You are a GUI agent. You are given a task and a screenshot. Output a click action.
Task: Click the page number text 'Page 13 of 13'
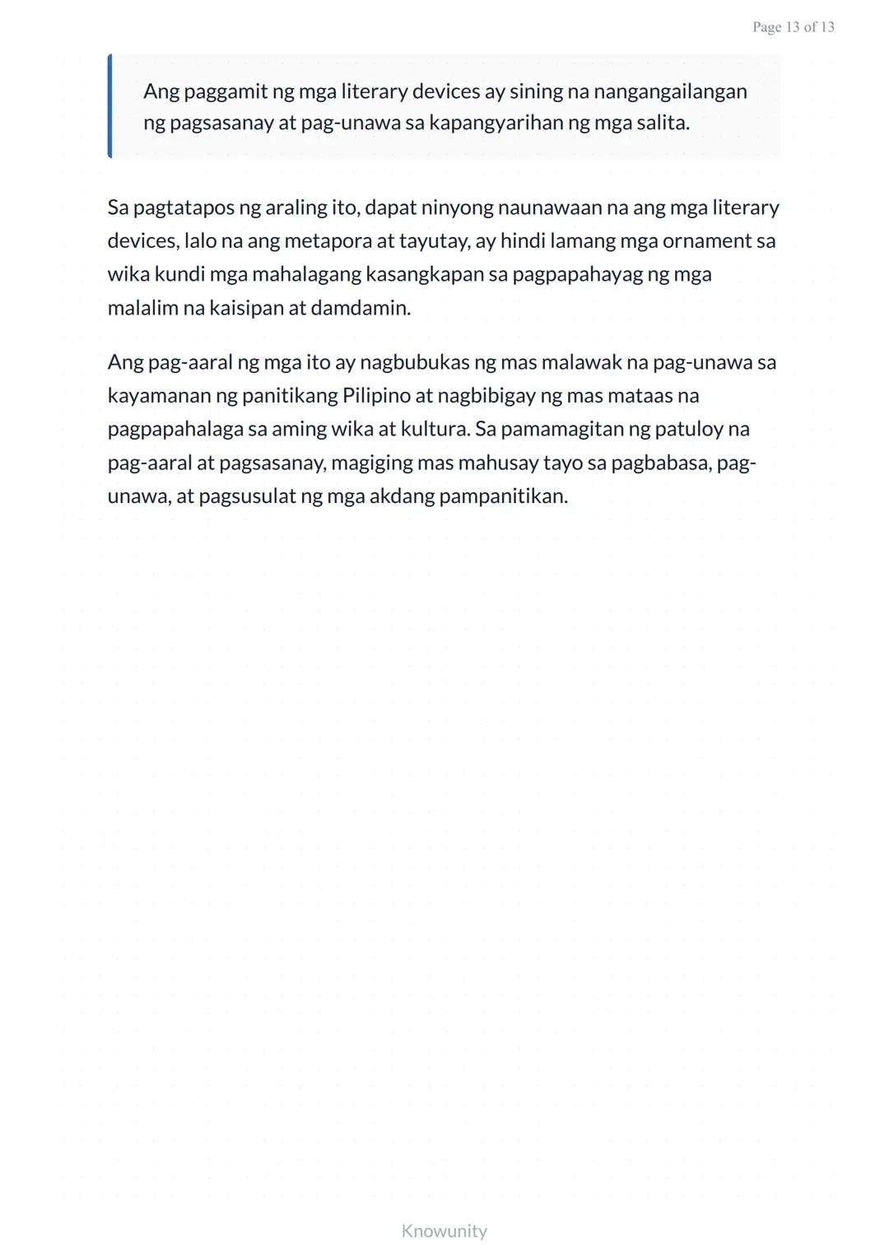click(793, 27)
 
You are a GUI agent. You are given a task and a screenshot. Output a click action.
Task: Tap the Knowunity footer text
click(444, 1231)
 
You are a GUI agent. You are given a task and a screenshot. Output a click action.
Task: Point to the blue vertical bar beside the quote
click(109, 106)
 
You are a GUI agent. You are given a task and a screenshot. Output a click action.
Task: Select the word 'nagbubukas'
click(414, 362)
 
